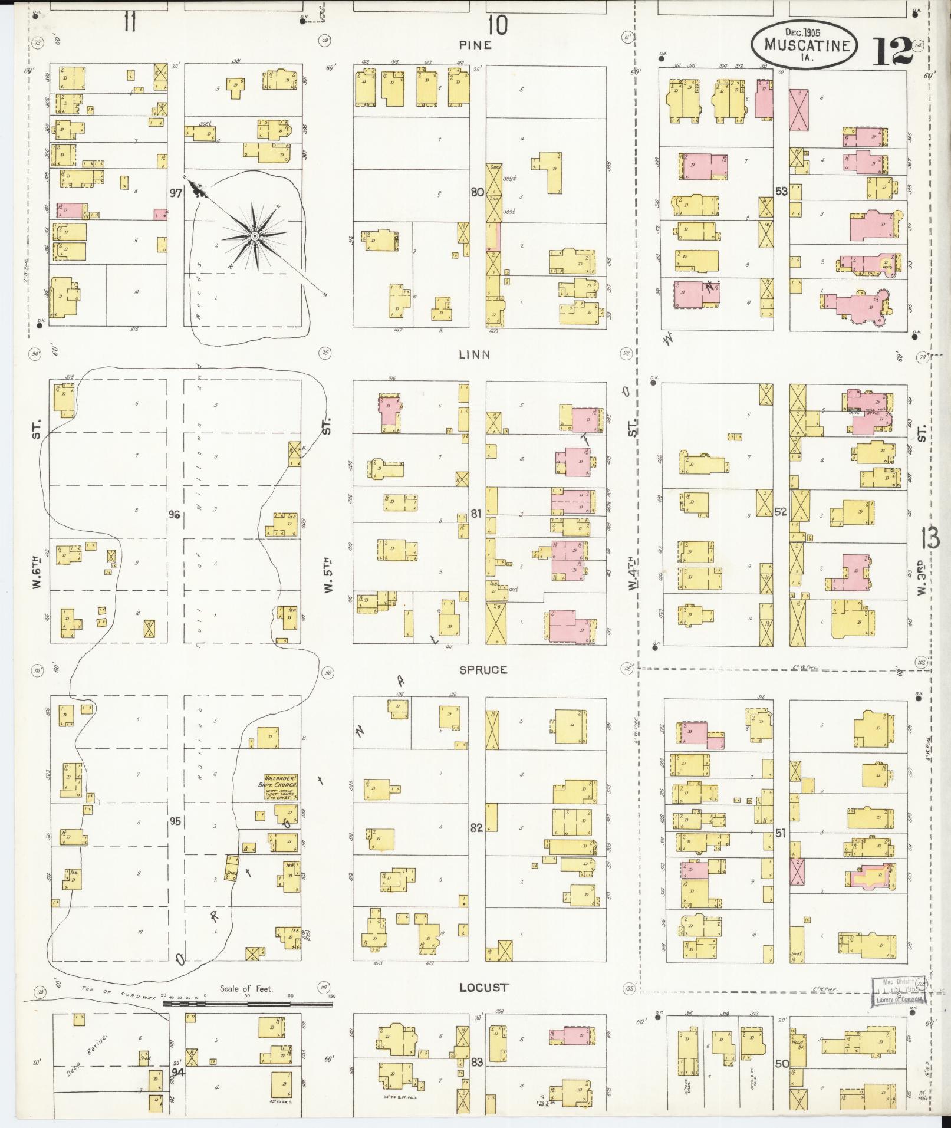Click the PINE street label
click(475, 45)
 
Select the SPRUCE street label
click(483, 670)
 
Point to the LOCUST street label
click(483, 988)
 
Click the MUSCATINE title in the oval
click(807, 45)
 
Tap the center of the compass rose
click(255, 236)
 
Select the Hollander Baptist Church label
click(279, 787)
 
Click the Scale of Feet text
click(246, 988)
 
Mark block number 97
click(176, 192)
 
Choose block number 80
click(477, 192)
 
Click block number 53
click(781, 192)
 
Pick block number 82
click(476, 828)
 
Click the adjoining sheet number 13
click(930, 538)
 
